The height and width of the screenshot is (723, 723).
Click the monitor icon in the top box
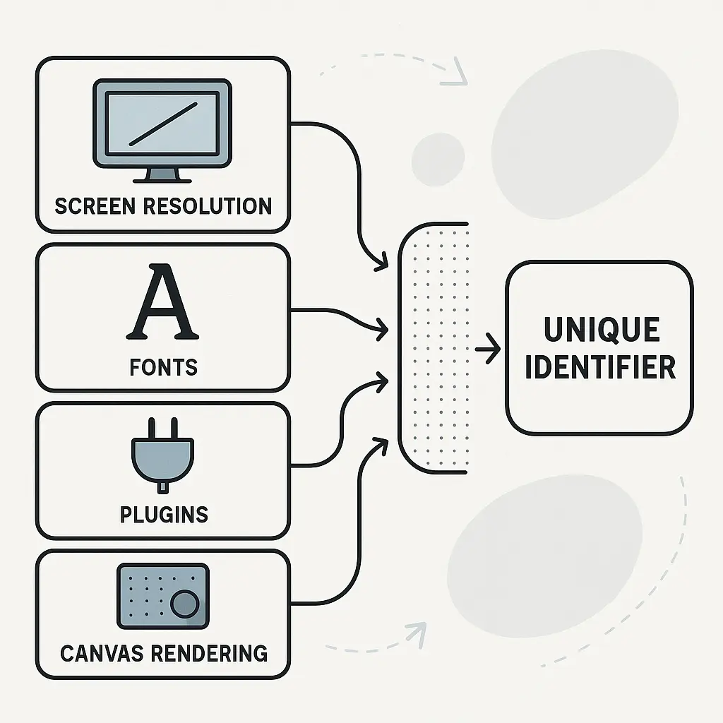point(162,131)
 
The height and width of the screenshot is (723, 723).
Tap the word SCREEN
point(95,206)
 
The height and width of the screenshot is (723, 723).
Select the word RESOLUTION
point(208,206)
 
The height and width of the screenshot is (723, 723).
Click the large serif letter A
point(162,301)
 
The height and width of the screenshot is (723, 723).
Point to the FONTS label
point(164,367)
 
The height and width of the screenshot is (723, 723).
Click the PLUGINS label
point(164,515)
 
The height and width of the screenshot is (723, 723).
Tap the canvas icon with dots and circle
point(163,596)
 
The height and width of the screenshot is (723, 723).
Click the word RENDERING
point(210,654)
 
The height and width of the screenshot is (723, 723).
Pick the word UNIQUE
point(602,329)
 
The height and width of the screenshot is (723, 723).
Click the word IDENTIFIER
point(600,367)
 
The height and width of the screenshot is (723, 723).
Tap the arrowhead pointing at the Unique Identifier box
point(493,349)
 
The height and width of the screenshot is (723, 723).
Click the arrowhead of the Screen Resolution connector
point(382,263)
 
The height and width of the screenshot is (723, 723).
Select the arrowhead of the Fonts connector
point(382,329)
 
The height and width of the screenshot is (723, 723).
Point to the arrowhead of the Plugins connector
point(382,382)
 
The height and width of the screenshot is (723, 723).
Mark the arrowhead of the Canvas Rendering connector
point(382,444)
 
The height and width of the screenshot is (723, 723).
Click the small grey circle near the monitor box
point(438,160)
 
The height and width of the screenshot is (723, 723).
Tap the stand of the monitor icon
point(162,176)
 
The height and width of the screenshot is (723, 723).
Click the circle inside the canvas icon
point(185,604)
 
